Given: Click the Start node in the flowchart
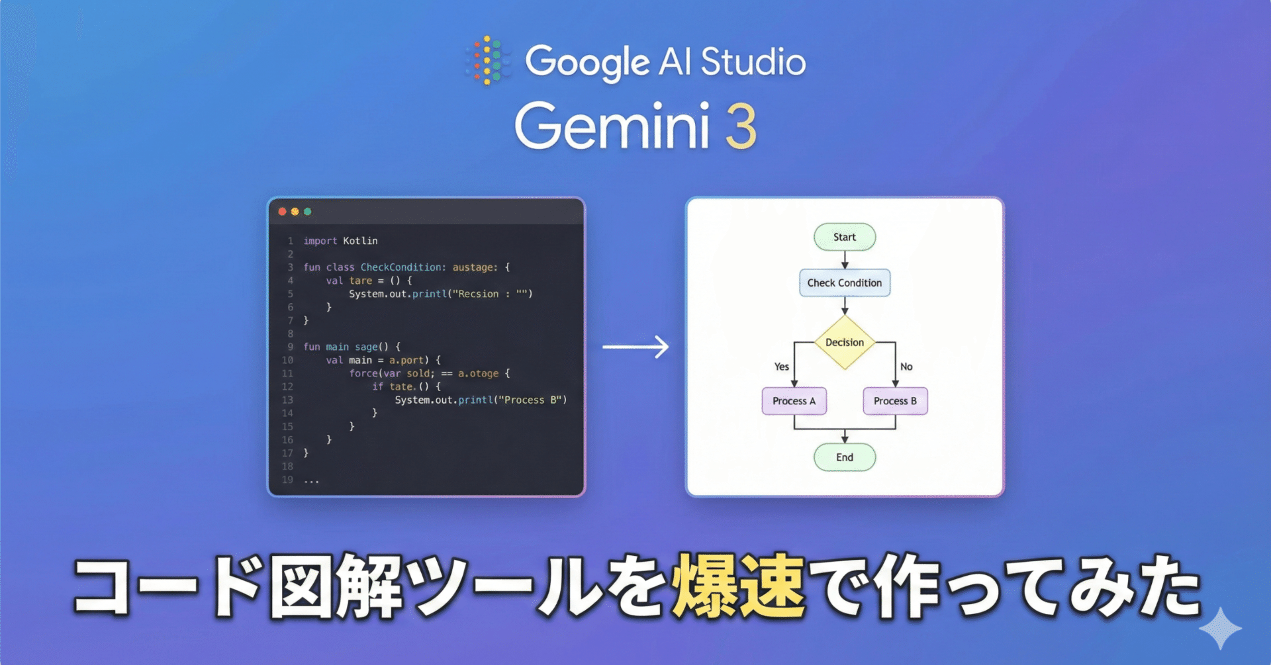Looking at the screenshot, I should (844, 237).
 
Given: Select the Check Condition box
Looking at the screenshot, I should (844, 283).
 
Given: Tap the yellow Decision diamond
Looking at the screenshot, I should (844, 342).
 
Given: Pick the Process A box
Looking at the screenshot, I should (794, 401).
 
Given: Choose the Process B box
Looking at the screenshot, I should (895, 401).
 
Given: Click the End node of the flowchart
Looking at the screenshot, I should (844, 457).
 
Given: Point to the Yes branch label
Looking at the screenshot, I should (782, 367).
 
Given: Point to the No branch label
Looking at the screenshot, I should (906, 367).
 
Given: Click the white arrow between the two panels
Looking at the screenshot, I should (635, 347).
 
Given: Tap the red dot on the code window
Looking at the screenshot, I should (282, 212).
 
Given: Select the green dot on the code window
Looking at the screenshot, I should (307, 212).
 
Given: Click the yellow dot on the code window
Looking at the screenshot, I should (295, 212).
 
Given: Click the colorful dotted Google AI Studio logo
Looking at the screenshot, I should (488, 61).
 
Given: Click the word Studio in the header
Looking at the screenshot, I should (753, 62).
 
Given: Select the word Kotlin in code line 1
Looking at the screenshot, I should (360, 241).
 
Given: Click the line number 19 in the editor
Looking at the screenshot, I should (287, 480).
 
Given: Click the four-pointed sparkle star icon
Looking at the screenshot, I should (1220, 628).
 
